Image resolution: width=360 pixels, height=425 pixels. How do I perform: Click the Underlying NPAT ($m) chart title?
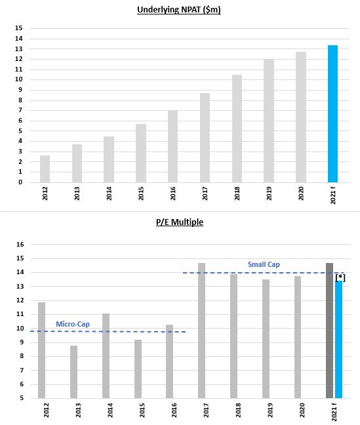(179, 10)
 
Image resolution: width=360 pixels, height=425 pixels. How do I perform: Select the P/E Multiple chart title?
(180, 222)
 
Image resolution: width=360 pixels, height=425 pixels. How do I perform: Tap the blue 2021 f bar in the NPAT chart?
(332, 114)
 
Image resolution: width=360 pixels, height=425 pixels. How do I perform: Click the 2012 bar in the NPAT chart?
(45, 169)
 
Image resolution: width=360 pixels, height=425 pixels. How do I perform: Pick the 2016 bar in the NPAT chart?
(172, 146)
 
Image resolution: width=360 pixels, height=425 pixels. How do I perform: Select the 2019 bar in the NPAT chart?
(269, 121)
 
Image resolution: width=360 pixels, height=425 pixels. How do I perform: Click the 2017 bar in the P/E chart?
(201, 331)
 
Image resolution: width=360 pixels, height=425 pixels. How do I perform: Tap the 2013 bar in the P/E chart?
(73, 372)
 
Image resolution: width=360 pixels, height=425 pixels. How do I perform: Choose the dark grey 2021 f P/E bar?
(329, 331)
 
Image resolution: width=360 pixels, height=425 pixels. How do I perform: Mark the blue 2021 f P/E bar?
(338, 340)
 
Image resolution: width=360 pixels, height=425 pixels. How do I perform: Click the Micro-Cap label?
(73, 324)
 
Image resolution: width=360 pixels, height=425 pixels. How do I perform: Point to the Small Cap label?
(264, 264)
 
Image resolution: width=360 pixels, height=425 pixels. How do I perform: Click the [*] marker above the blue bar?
(340, 277)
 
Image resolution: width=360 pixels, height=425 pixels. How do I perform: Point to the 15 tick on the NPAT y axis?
(19, 28)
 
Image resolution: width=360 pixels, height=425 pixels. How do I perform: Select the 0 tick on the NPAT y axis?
(20, 182)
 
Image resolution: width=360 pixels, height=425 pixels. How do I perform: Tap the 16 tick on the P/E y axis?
(20, 244)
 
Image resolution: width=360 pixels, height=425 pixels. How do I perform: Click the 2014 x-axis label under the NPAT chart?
(109, 193)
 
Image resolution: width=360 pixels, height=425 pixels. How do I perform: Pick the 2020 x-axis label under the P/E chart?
(302, 410)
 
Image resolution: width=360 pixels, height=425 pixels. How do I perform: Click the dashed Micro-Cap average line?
(108, 331)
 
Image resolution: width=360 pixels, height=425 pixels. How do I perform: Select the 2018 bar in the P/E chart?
(233, 336)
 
